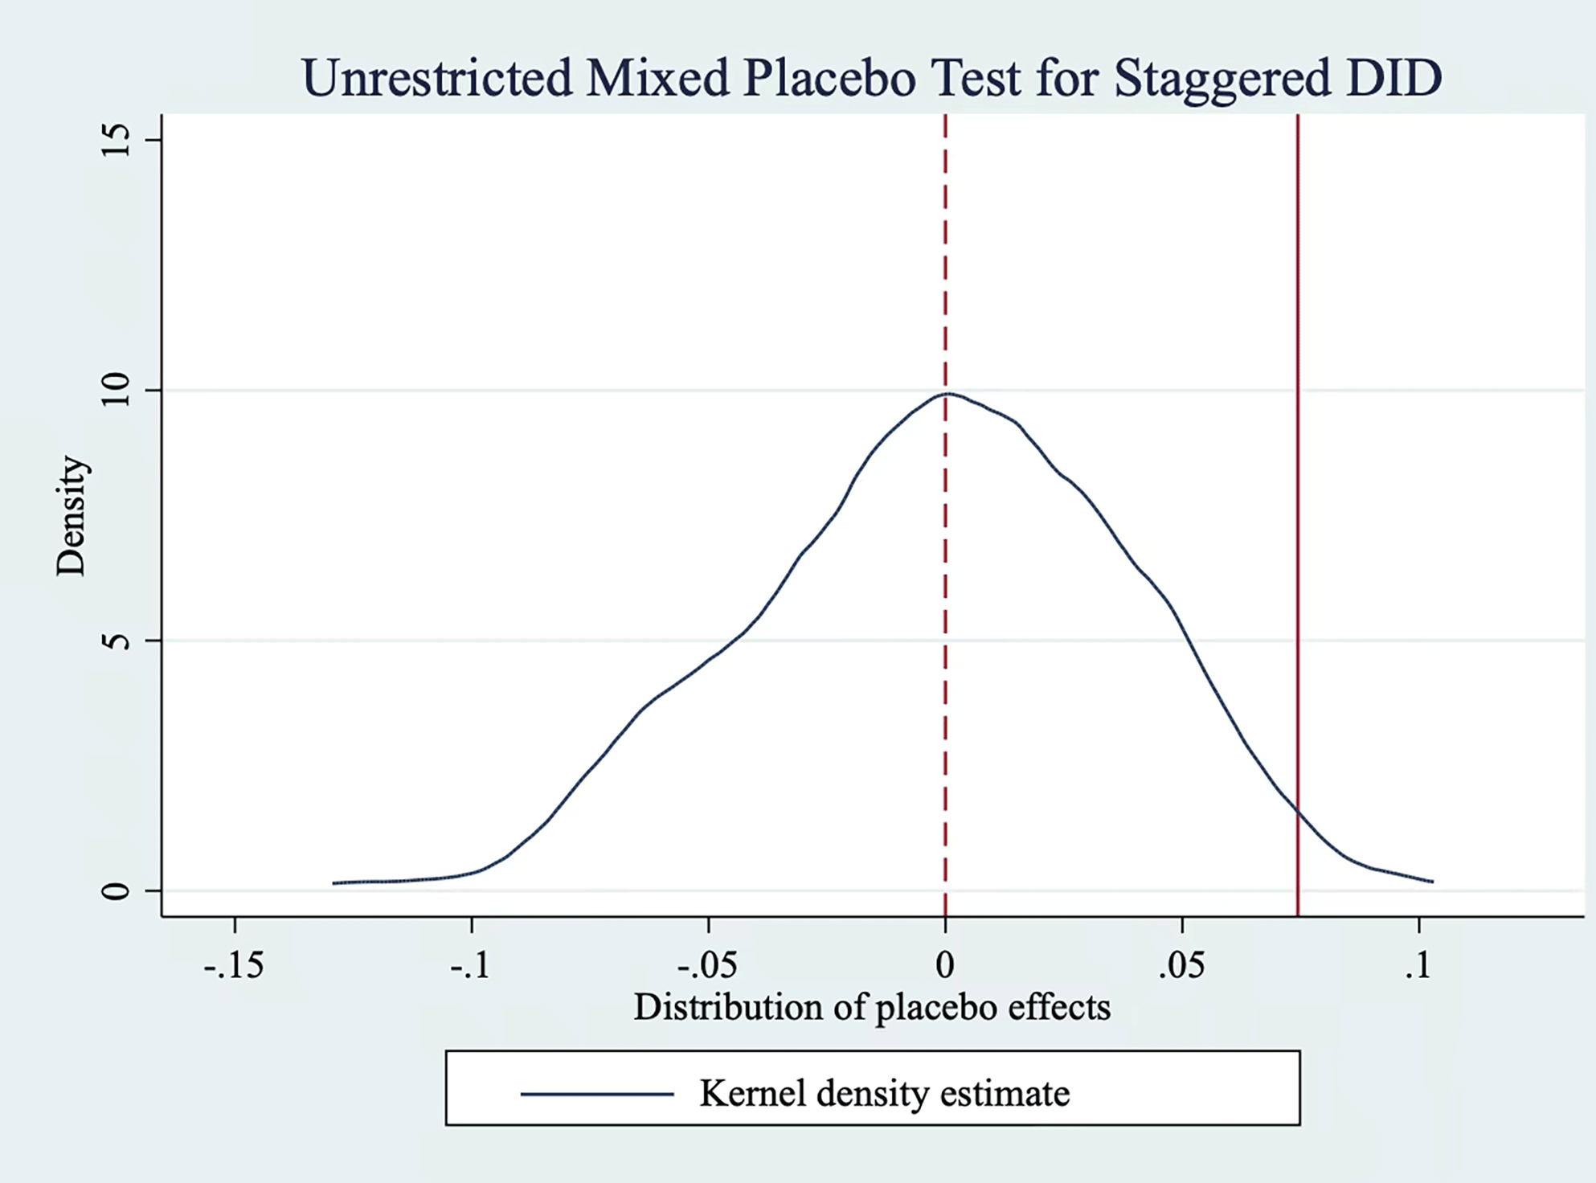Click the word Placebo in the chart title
click(829, 79)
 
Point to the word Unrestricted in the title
click(436, 79)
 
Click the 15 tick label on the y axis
click(117, 141)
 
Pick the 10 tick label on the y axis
click(117, 391)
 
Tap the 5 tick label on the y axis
click(117, 641)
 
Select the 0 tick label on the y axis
click(117, 890)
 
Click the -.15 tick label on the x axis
click(234, 965)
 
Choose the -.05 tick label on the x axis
click(707, 965)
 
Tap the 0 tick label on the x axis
click(945, 965)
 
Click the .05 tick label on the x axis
click(1181, 965)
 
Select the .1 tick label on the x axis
click(1418, 965)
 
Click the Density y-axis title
click(71, 516)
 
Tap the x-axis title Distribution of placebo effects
click(872, 1007)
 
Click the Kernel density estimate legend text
click(884, 1093)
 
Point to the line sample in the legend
click(597, 1094)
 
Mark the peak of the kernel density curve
click(948, 394)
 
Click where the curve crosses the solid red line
click(1297, 812)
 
